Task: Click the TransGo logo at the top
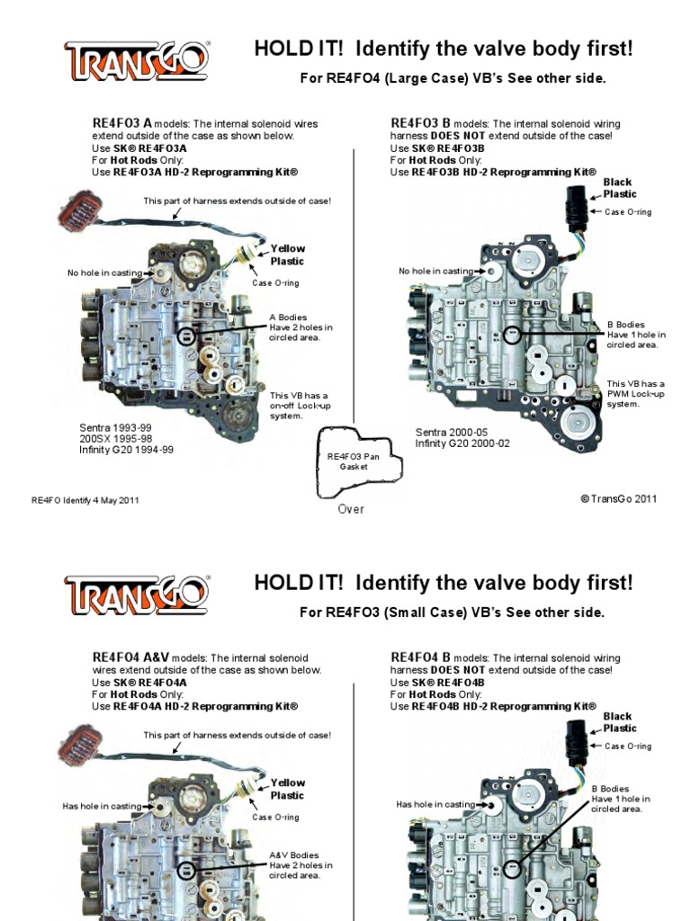click(x=138, y=60)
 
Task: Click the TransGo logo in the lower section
click(x=138, y=595)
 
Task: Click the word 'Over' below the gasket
click(x=351, y=509)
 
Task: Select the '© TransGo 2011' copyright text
click(x=619, y=498)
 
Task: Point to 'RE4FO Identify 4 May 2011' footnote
click(x=85, y=500)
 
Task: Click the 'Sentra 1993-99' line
click(x=116, y=429)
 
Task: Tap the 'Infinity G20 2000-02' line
click(x=462, y=443)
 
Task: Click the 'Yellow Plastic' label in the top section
click(x=288, y=255)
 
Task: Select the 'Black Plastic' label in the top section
click(x=619, y=188)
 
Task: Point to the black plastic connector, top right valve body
click(x=575, y=210)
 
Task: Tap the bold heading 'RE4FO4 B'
click(x=419, y=657)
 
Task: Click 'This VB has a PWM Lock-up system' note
click(x=634, y=394)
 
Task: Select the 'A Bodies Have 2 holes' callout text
click(x=301, y=327)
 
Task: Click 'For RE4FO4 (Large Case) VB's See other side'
click(x=453, y=79)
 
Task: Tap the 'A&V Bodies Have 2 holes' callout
click(x=301, y=865)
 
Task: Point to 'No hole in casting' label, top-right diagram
click(x=435, y=271)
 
